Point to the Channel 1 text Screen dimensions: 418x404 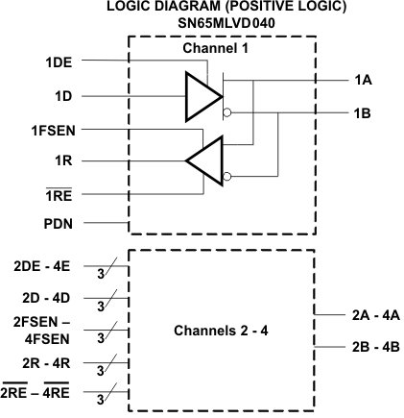[x=222, y=48]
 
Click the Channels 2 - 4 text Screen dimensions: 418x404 [x=223, y=332]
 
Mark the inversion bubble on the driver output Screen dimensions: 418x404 [x=226, y=112]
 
